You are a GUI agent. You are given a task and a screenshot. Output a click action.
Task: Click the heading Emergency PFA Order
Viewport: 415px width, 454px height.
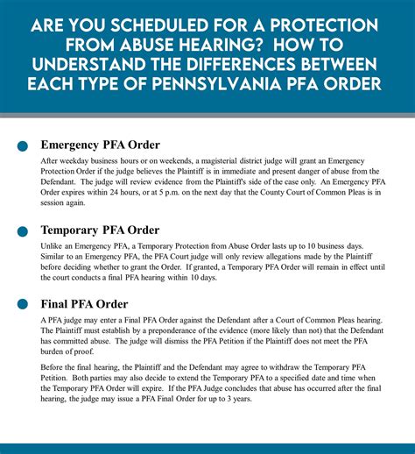(x=100, y=145)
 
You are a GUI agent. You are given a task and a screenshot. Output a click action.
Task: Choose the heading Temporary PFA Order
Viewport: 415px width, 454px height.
(x=100, y=230)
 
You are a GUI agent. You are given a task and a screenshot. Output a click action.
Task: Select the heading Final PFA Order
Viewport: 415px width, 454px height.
(x=84, y=303)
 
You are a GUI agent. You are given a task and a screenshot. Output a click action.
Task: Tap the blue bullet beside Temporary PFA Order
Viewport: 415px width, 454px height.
(x=20, y=231)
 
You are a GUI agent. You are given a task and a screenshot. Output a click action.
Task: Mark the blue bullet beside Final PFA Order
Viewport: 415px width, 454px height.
(x=20, y=304)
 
